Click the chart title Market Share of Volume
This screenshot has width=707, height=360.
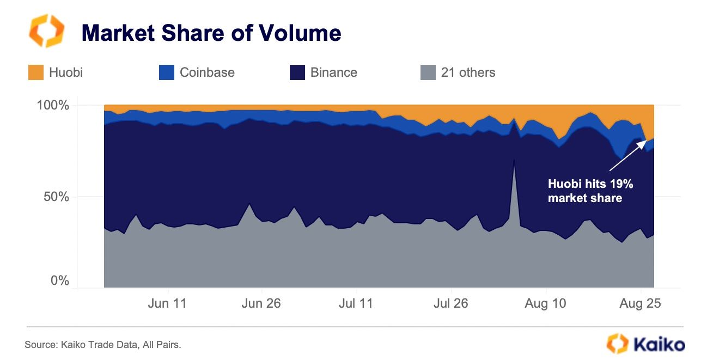(211, 33)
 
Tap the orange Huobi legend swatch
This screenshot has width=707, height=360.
(36, 72)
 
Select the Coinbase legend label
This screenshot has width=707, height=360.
(207, 72)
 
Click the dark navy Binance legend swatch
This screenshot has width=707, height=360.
(297, 72)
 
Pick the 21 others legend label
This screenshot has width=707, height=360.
(468, 72)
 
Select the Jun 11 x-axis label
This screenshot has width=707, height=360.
(167, 303)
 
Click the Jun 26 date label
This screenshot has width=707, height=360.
(261, 303)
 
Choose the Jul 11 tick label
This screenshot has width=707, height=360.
(356, 303)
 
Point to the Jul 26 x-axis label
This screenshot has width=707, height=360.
(450, 303)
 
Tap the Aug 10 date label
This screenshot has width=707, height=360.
(545, 303)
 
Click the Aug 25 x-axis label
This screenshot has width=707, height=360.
(640, 303)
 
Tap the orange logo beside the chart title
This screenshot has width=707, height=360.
(46, 31)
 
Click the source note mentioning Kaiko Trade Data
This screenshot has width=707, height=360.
(102, 344)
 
